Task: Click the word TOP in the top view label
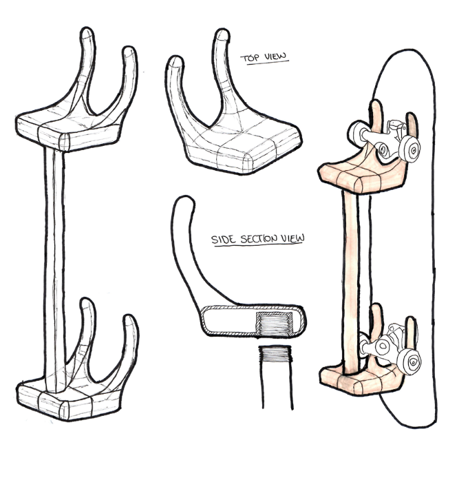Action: [x=250, y=58]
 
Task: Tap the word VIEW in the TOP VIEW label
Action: [x=275, y=58]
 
